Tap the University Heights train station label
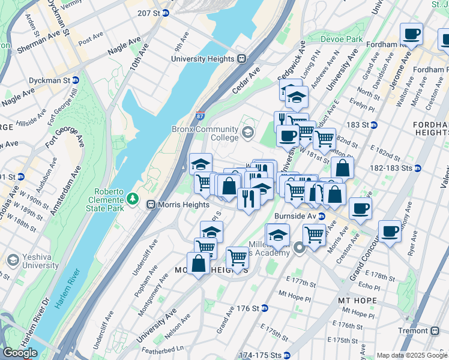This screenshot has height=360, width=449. click(208, 59)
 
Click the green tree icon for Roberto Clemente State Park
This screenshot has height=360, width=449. click(132, 198)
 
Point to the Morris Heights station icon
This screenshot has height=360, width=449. click(152, 205)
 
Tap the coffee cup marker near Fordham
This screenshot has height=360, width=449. click(412, 35)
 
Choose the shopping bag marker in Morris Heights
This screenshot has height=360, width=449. click(198, 264)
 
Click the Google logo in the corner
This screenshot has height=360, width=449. click(20, 353)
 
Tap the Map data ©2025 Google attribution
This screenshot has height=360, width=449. click(412, 355)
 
